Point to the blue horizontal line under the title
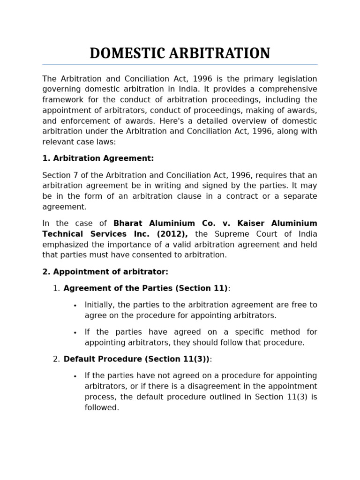[x=180, y=65]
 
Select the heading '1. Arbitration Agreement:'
[x=98, y=158]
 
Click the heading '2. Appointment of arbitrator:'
[x=105, y=272]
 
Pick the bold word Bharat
[x=130, y=224]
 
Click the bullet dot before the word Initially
[x=75, y=306]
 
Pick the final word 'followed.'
[x=102, y=408]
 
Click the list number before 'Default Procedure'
[x=56, y=359]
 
